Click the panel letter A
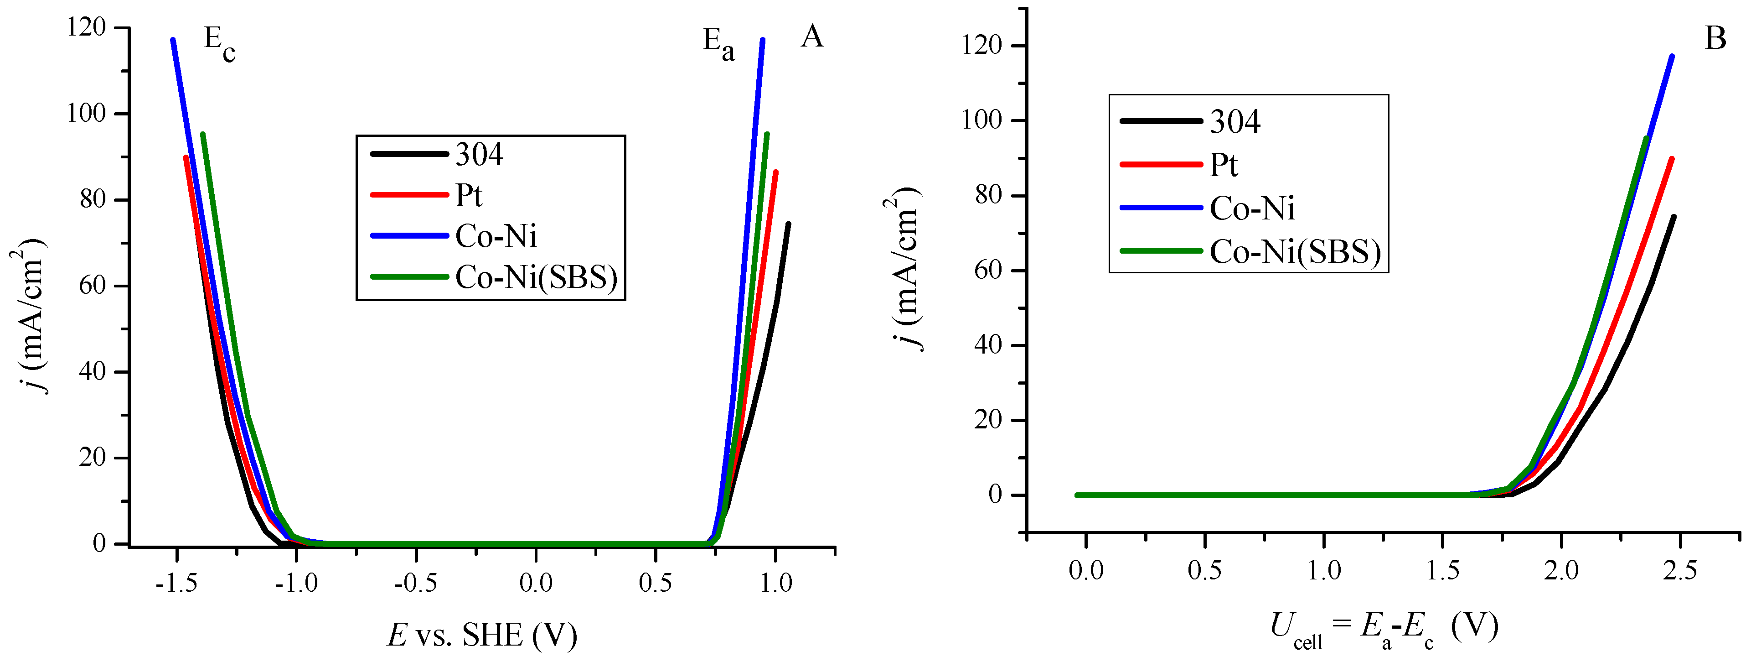pyautogui.click(x=812, y=37)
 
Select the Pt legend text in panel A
pyautogui.click(x=468, y=196)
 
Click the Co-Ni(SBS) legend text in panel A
pyautogui.click(x=536, y=277)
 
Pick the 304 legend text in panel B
pyautogui.click(x=1235, y=122)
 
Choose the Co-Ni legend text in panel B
pyautogui.click(x=1252, y=208)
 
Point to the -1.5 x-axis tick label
pyautogui.click(x=176, y=583)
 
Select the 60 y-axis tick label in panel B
pyautogui.click(x=988, y=270)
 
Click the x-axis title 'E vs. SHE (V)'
pyautogui.click(x=482, y=635)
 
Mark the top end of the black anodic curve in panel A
pyautogui.click(x=788, y=224)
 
